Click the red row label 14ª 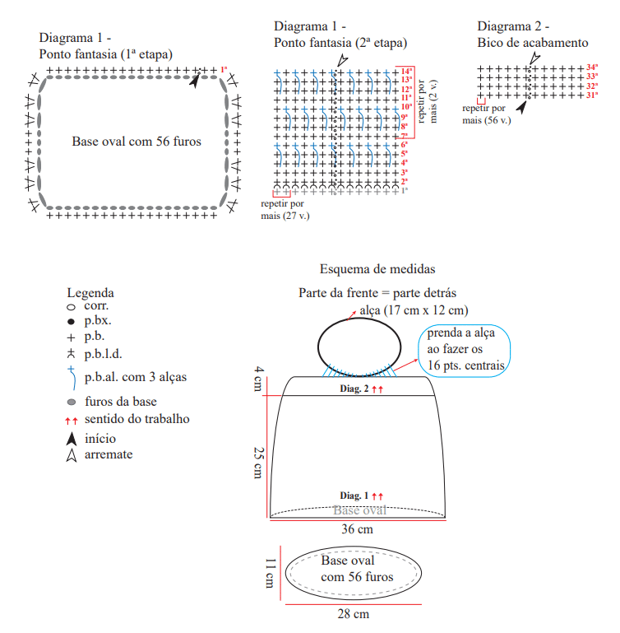406,71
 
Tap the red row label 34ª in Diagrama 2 592,67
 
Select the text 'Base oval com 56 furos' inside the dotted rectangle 136,142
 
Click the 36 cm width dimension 357,529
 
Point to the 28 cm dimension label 353,614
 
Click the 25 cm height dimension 258,463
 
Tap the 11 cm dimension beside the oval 271,573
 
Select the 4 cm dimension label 258,379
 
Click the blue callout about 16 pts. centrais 464,351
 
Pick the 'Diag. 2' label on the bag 354,389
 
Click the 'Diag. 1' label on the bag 354,496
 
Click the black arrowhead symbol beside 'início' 72,439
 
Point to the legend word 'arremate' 109,454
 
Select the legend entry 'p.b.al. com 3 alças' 136,377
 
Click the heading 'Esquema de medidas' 377,269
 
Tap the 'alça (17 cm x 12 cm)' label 414,310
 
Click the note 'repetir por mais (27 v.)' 285,210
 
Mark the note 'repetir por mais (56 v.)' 487,114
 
